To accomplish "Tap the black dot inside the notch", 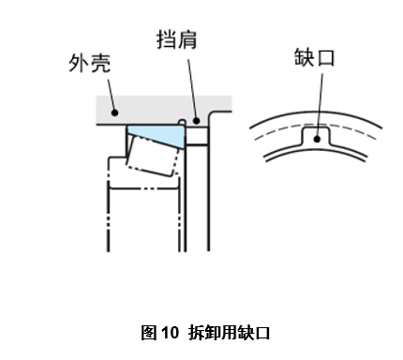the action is (319, 140).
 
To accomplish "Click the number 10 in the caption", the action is (170, 332).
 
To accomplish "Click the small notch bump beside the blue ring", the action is (182, 121).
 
